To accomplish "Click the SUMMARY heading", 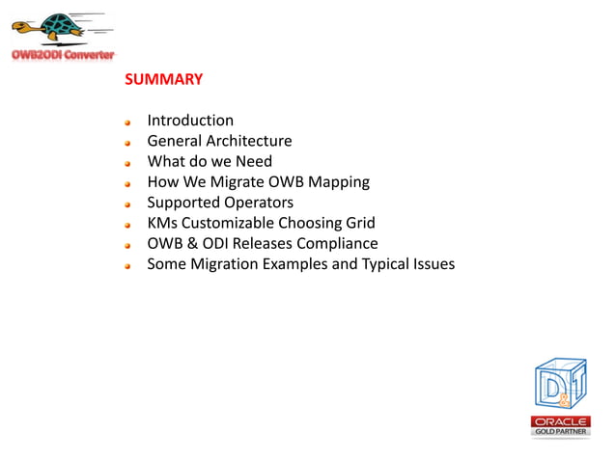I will (163, 79).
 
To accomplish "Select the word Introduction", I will (190, 121).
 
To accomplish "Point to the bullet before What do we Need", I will (127, 163).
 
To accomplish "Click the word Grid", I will (358, 223).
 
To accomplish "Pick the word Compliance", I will (336, 243).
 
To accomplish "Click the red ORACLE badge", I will (560, 421).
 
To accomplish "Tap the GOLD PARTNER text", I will (560, 432).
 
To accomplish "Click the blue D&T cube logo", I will (559, 385).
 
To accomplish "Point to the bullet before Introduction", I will (127, 122).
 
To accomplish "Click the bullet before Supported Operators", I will (127, 204).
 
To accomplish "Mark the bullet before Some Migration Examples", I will (127, 265).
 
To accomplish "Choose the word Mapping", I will (338, 181).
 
